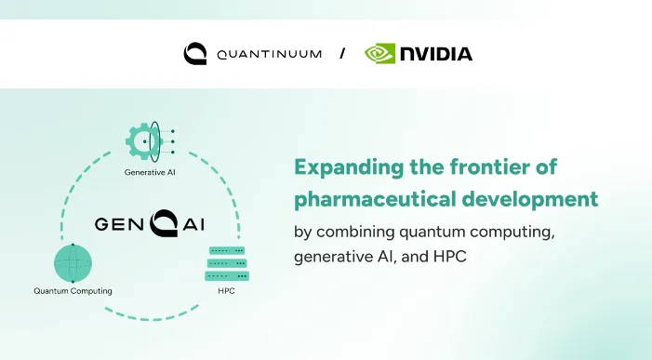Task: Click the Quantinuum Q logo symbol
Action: pyautogui.click(x=195, y=53)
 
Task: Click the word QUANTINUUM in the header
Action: pyautogui.click(x=270, y=54)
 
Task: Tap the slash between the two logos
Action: pyautogui.click(x=342, y=53)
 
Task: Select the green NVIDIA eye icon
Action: pyautogui.click(x=379, y=54)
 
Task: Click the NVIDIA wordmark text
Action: pyautogui.click(x=436, y=54)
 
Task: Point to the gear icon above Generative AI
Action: pyautogui.click(x=142, y=141)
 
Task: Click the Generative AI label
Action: pyautogui.click(x=150, y=172)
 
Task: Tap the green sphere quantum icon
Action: pyautogui.click(x=73, y=263)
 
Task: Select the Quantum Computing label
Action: pyautogui.click(x=73, y=291)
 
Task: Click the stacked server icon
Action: pyautogui.click(x=227, y=263)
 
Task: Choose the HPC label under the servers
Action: pyautogui.click(x=226, y=291)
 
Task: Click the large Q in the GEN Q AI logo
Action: pyautogui.click(x=164, y=223)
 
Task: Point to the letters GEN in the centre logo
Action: pyautogui.click(x=119, y=224)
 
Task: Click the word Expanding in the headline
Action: pyautogui.click(x=349, y=168)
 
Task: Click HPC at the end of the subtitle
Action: pyautogui.click(x=450, y=257)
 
